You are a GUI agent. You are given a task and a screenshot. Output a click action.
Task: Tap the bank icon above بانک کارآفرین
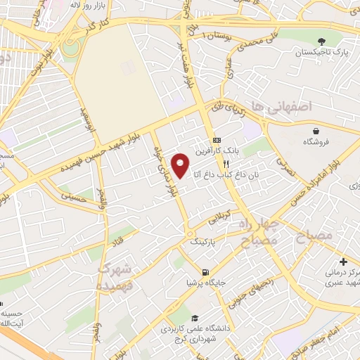(x=217, y=139)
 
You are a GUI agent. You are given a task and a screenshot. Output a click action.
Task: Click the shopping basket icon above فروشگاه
(x=317, y=131)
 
